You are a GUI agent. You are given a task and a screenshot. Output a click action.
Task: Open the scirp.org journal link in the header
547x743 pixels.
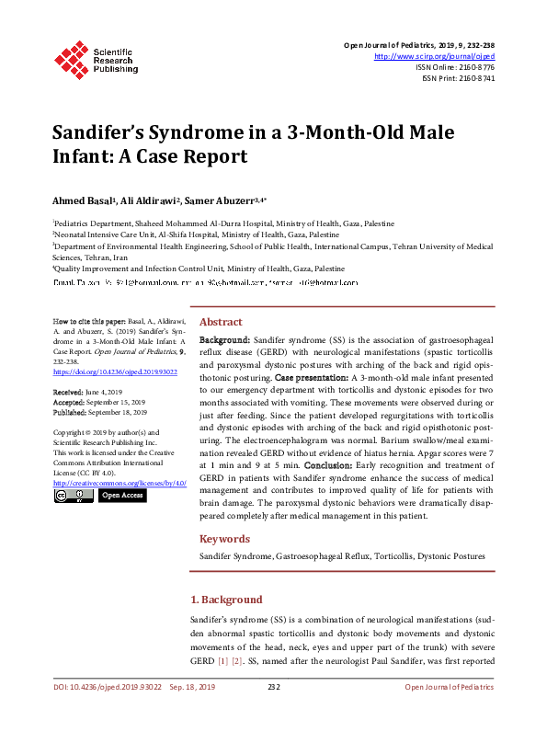pyautogui.click(x=435, y=56)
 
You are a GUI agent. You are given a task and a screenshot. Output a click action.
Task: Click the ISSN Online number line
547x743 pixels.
pyautogui.click(x=455, y=67)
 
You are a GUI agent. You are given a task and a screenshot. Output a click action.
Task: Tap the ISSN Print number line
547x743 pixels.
pyautogui.click(x=458, y=78)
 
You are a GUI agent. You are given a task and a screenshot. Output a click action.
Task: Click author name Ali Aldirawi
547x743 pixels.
pyautogui.click(x=153, y=200)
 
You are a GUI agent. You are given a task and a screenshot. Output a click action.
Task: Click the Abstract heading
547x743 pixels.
pyautogui.click(x=221, y=323)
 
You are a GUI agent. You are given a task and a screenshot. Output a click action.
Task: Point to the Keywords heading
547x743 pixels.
pyautogui.click(x=225, y=539)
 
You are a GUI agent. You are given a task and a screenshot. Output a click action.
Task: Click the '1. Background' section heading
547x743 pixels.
pyautogui.click(x=225, y=600)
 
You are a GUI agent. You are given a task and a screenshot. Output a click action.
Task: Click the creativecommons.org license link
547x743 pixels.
pyautogui.click(x=120, y=483)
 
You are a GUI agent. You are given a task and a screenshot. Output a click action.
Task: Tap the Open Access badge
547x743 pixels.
pyautogui.click(x=122, y=496)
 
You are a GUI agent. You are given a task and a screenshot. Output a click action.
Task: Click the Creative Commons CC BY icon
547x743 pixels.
pyautogui.click(x=73, y=496)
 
